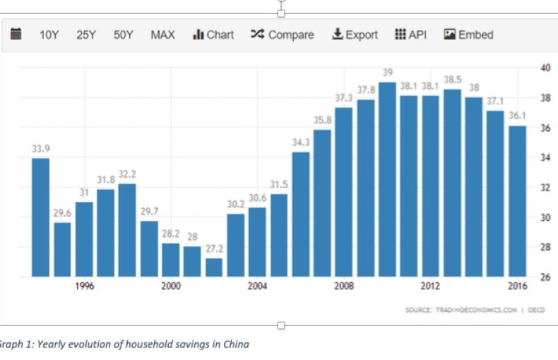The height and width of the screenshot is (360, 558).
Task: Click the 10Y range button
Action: tap(49, 35)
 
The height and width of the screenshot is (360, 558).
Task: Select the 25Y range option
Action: tap(86, 35)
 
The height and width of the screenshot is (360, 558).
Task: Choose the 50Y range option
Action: tap(124, 35)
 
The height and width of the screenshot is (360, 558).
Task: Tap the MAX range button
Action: tap(162, 35)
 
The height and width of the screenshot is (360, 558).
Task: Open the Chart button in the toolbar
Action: tap(213, 35)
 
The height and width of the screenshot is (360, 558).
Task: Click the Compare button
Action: tap(282, 35)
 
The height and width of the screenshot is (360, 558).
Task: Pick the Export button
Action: tap(355, 35)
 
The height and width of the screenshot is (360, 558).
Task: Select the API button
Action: tap(410, 35)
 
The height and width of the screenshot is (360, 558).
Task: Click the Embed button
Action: tap(468, 35)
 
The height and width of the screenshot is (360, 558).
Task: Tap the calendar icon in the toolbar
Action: tap(16, 34)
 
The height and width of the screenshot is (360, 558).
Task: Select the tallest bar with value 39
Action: tap(387, 179)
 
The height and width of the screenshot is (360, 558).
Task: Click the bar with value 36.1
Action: tap(518, 201)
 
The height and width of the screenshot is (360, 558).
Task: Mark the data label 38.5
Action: tap(452, 80)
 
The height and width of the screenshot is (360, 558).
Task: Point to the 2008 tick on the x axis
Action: tap(344, 286)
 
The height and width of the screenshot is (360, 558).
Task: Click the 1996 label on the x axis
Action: tap(85, 286)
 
